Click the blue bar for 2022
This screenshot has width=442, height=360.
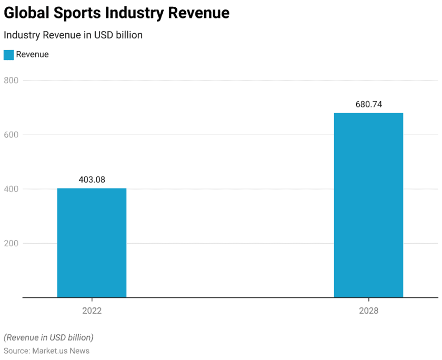92,243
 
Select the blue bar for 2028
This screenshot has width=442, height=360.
368,205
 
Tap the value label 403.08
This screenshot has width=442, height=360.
92,179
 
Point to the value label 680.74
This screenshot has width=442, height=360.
368,104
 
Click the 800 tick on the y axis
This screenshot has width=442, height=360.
11,81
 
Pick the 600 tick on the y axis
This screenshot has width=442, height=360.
11,135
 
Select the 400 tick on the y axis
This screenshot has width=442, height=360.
11,189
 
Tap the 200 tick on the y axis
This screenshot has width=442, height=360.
11,243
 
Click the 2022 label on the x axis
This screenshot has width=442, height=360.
92,311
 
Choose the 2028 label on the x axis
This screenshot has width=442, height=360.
368,311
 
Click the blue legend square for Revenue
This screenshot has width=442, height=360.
8,55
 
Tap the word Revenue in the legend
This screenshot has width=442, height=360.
32,55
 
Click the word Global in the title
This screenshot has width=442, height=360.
26,13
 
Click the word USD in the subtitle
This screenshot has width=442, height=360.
102,35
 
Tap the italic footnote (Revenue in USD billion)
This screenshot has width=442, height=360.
48,337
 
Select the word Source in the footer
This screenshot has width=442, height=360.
16,351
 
